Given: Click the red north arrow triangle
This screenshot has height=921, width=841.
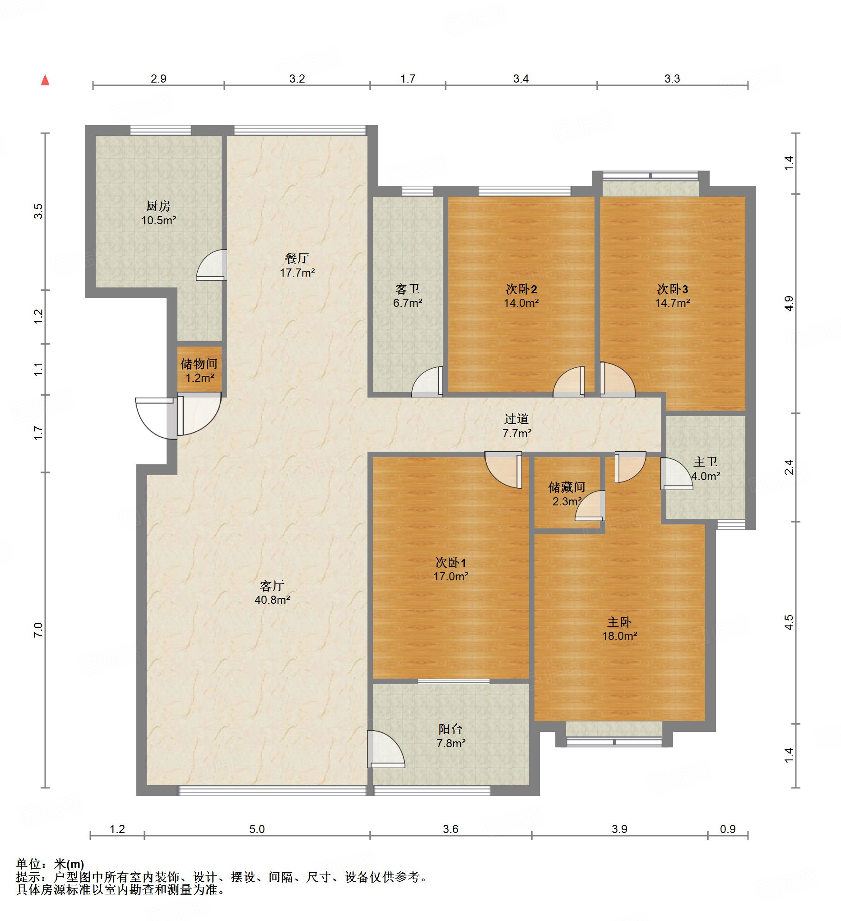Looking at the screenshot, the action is click(x=45, y=80).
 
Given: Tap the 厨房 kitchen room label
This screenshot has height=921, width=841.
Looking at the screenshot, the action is click(x=158, y=206).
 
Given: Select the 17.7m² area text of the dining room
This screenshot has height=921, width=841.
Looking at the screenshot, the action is click(x=297, y=273).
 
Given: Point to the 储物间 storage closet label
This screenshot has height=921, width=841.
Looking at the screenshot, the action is click(x=199, y=364).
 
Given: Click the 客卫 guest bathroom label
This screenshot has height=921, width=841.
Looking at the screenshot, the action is click(x=407, y=289).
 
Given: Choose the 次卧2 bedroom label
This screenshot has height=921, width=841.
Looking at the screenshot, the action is click(x=521, y=289).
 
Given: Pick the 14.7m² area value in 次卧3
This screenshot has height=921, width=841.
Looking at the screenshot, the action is click(x=672, y=303).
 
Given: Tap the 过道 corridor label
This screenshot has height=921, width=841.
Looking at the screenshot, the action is click(x=516, y=418).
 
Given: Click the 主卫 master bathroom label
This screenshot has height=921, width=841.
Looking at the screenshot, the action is click(x=705, y=463).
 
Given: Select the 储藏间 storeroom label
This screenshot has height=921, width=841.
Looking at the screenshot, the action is click(x=567, y=487).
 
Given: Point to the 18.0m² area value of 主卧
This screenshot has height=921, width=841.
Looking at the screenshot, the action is click(x=620, y=636).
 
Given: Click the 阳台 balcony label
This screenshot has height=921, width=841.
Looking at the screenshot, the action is click(x=450, y=730).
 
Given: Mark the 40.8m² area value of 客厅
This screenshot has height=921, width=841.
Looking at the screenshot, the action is click(x=272, y=600).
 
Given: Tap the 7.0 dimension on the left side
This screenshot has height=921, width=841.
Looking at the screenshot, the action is click(x=38, y=630).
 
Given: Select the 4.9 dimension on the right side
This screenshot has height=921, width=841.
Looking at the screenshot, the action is click(x=790, y=304).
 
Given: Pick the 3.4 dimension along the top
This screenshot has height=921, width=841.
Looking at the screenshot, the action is click(x=521, y=79).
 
